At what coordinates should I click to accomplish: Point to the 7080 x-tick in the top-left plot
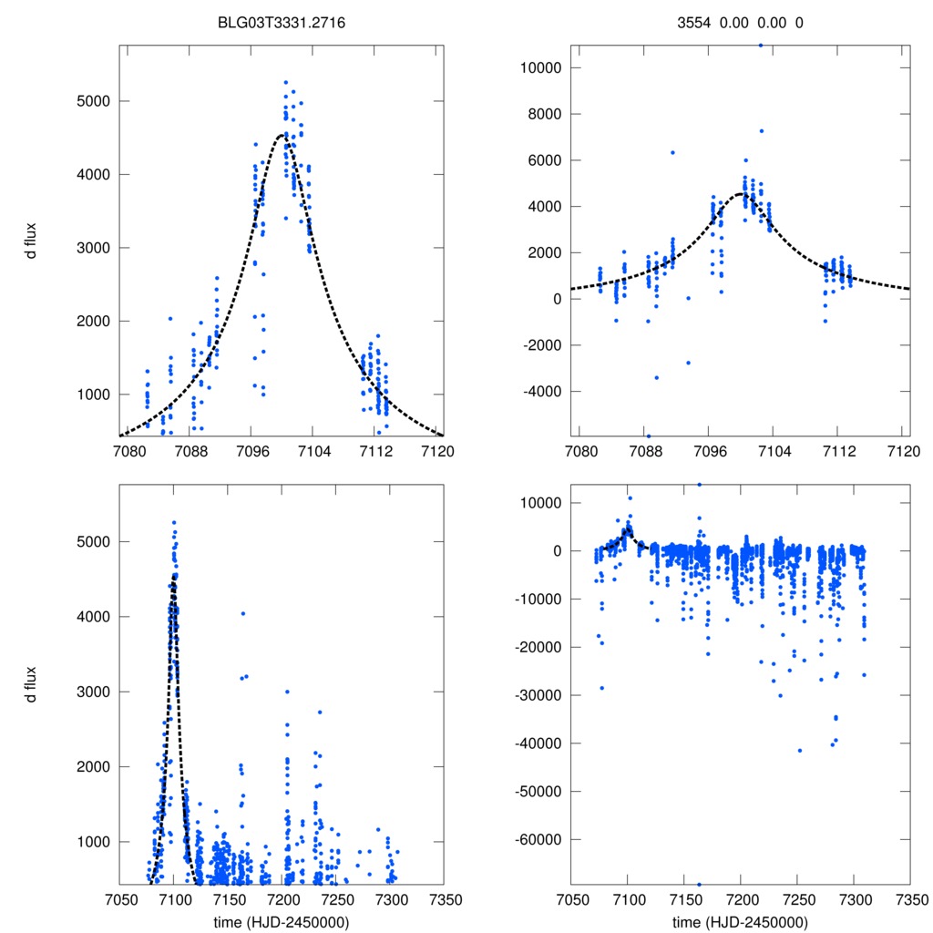pos(128,451)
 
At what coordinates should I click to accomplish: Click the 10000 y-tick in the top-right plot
pos(538,68)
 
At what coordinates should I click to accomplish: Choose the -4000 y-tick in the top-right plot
pos(538,392)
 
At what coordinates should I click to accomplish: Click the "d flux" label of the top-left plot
pos(32,240)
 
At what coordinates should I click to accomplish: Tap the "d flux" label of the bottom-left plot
pos(32,684)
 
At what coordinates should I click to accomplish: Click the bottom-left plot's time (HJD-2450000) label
pos(282,921)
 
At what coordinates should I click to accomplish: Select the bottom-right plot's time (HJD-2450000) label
pos(740,921)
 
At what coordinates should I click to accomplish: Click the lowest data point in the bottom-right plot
pos(699,884)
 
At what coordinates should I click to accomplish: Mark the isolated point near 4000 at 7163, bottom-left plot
pos(242,613)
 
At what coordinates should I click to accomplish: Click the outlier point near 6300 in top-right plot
pos(672,152)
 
